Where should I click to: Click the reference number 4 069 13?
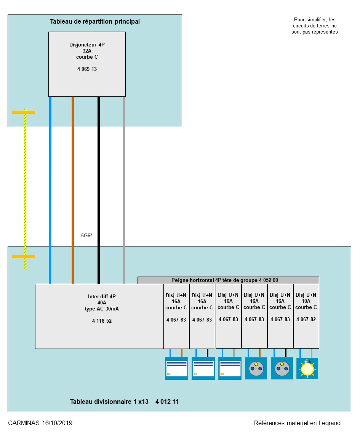(87, 69)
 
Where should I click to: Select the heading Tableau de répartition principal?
(95, 21)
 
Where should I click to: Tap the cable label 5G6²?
(86, 235)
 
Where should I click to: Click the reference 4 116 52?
(102, 321)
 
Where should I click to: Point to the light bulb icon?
(307, 368)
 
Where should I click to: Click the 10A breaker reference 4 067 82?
(306, 319)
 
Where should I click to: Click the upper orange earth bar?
(24, 112)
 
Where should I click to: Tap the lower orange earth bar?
(24, 257)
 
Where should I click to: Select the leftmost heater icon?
(176, 368)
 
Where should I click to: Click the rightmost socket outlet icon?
(282, 368)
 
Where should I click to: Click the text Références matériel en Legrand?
(297, 423)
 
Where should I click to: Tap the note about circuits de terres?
(315, 26)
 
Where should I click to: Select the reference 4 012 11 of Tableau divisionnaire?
(167, 402)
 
